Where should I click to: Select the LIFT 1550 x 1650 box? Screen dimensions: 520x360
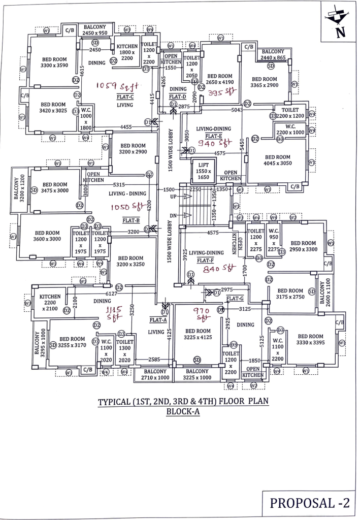pyautogui.click(x=203, y=170)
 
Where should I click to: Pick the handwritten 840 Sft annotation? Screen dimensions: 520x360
pyautogui.click(x=217, y=269)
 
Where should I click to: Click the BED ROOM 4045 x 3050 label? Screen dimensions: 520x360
pyautogui.click(x=277, y=161)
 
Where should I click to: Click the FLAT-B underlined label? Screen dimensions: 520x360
pyautogui.click(x=128, y=220)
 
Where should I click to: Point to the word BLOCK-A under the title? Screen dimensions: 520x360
pyautogui.click(x=183, y=412)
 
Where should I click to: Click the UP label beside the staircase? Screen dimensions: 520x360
pyautogui.click(x=173, y=196)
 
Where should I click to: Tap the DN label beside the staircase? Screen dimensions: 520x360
pyautogui.click(x=173, y=216)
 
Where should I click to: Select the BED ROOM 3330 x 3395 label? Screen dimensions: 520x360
pyautogui.click(x=310, y=340)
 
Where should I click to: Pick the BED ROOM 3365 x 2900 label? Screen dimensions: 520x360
pyautogui.click(x=265, y=82)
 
